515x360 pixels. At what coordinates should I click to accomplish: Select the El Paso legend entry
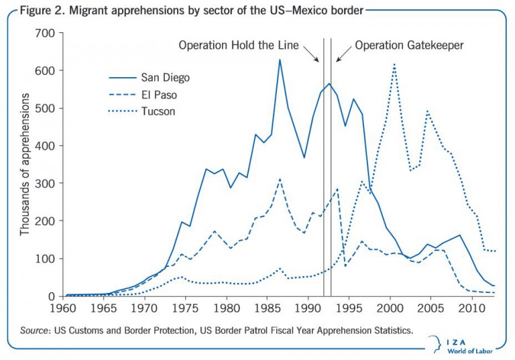point(144,95)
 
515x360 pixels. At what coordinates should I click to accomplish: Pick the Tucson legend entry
point(144,111)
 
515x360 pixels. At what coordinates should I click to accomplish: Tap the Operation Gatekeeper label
point(409,46)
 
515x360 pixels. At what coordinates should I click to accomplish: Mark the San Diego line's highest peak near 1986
point(280,60)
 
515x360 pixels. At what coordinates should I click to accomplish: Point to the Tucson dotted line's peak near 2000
point(394,64)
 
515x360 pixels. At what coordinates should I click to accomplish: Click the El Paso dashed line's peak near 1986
point(280,179)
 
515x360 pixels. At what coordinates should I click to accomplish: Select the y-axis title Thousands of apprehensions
point(25,164)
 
